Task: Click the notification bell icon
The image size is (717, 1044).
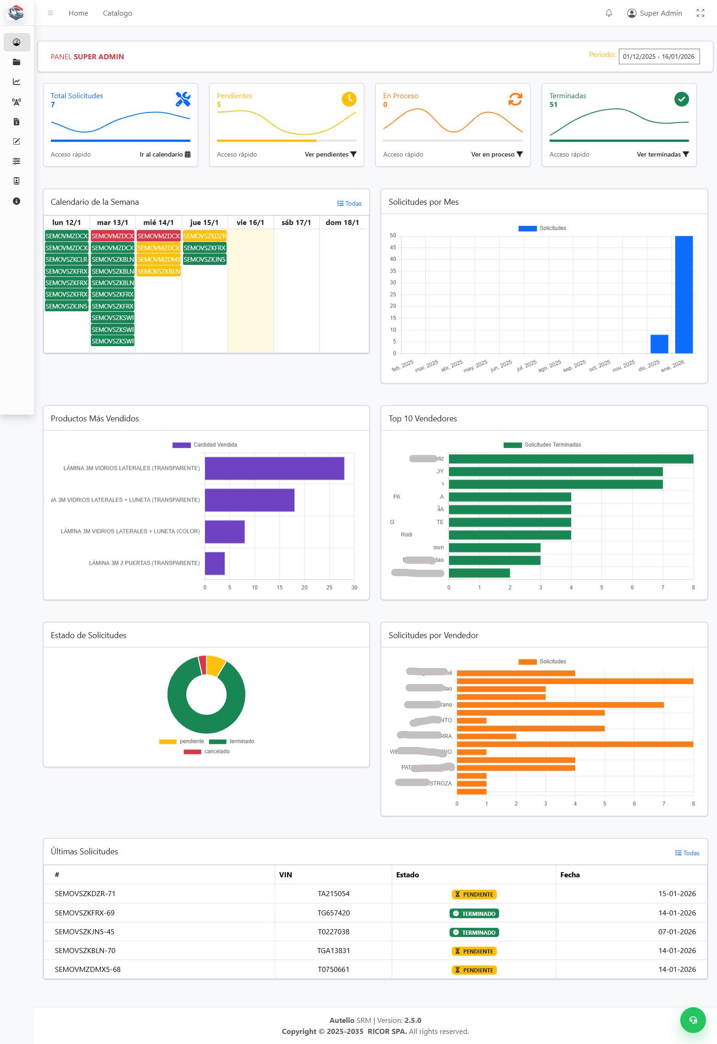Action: coord(609,13)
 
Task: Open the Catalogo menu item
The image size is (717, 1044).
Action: coord(117,13)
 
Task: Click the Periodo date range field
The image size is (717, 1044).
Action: coord(659,56)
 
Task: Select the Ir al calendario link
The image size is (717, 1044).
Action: coord(165,154)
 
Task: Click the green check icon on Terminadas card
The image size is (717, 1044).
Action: coord(681,99)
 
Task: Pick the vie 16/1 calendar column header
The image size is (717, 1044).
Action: coord(250,223)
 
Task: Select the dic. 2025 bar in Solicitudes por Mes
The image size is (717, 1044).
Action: coord(659,344)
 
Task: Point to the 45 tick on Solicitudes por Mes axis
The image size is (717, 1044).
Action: coord(393,247)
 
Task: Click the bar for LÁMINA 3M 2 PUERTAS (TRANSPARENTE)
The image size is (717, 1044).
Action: coord(215,563)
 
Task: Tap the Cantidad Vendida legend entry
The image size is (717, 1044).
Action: coord(205,445)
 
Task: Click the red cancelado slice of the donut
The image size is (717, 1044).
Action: coord(202,665)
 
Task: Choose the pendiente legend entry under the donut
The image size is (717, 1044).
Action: coord(182,741)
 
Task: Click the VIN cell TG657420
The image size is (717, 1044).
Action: coord(333,913)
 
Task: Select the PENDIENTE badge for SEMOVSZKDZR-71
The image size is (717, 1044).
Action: coord(474,894)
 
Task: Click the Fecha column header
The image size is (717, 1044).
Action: coord(570,875)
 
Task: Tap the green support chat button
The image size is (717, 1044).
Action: coord(693,1020)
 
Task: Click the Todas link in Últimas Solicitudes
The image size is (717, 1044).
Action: coord(687,853)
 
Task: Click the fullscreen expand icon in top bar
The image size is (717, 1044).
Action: coord(700,13)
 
